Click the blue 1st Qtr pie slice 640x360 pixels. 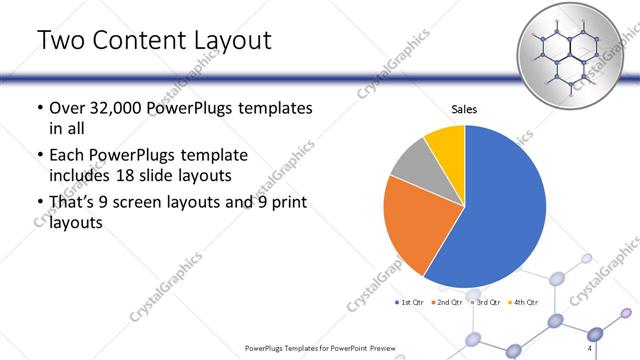[x=500, y=210]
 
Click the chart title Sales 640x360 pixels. [x=464, y=109]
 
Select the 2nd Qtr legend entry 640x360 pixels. [x=448, y=302]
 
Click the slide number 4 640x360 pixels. [x=590, y=347]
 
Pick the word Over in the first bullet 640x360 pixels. [x=69, y=107]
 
